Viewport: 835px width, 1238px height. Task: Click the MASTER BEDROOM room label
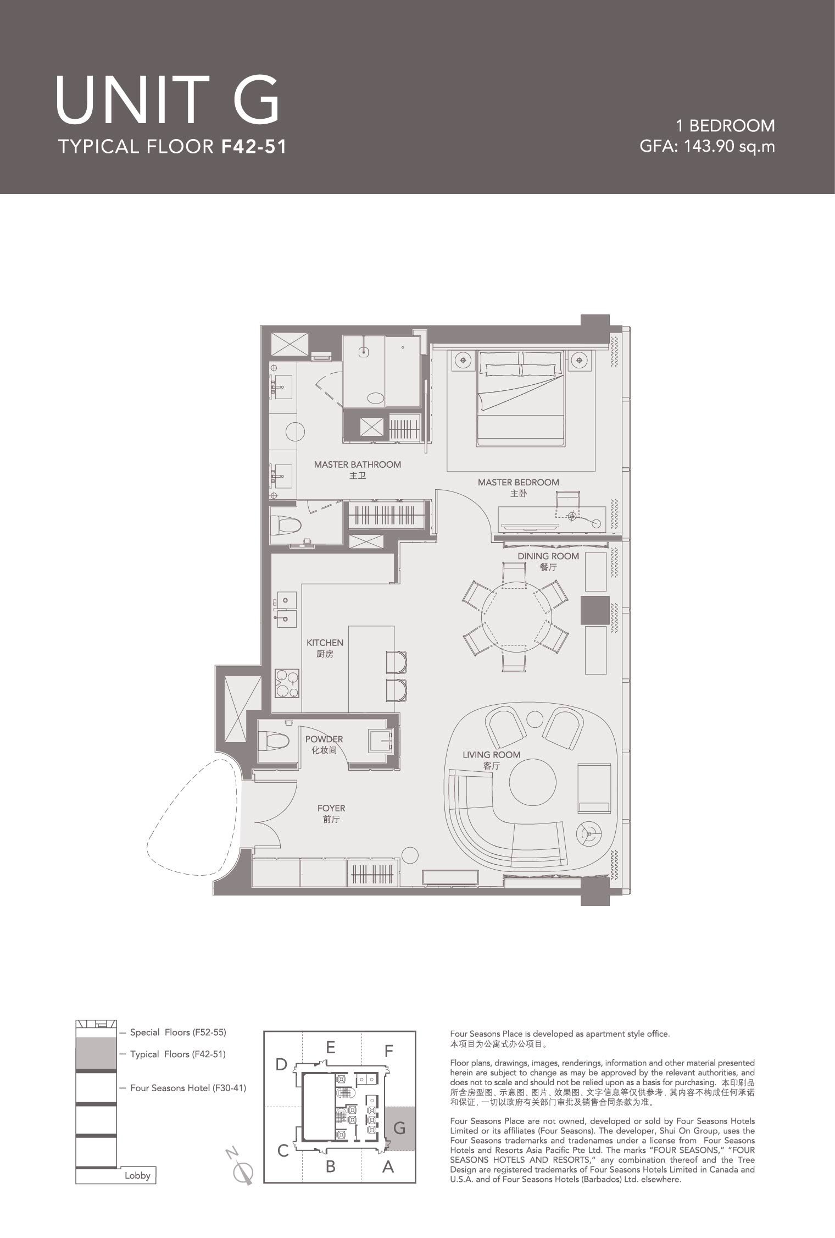pos(518,482)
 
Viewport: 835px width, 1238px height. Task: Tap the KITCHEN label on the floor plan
pos(325,643)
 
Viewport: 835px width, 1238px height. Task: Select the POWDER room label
pos(324,739)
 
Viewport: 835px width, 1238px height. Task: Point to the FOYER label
pos(331,808)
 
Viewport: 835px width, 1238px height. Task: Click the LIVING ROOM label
pos(491,755)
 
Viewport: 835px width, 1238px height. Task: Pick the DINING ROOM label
pos(548,556)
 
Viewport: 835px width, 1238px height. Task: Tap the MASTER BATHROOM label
pos(358,465)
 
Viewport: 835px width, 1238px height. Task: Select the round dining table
pos(515,616)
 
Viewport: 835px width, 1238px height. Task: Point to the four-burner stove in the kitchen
pos(287,683)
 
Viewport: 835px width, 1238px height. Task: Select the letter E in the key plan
pos(330,1047)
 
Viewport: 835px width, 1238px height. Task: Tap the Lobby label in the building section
pos(137,1175)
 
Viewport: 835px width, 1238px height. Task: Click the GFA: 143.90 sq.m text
pos(708,146)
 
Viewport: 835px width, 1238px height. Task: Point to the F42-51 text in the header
pos(254,146)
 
